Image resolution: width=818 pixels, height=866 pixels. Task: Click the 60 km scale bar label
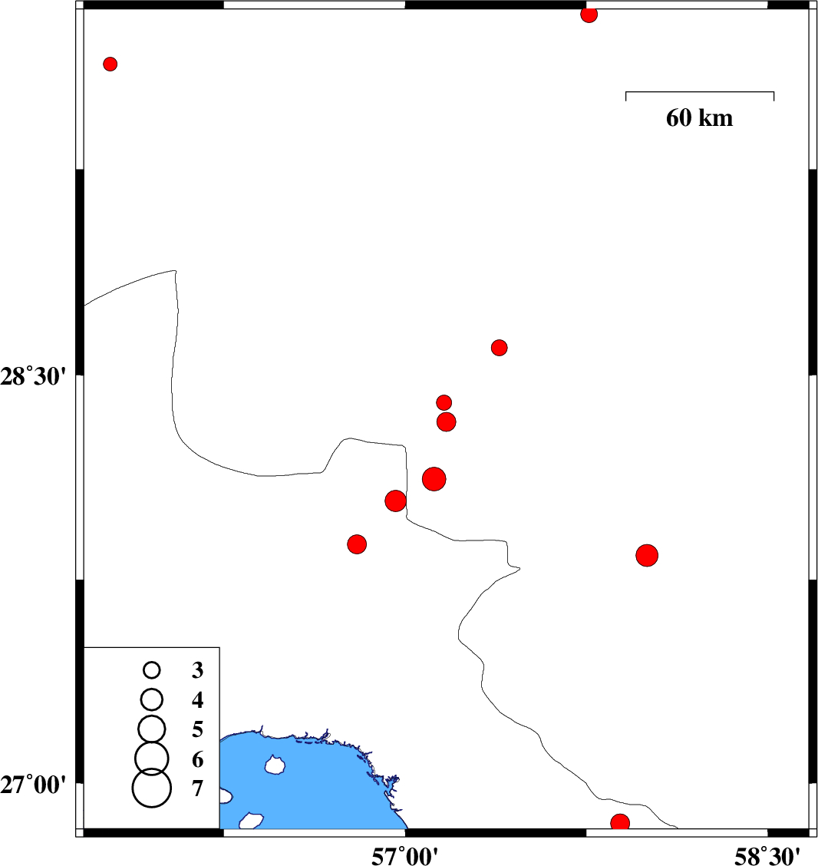click(x=699, y=118)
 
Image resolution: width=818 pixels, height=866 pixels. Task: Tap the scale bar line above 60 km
click(x=700, y=92)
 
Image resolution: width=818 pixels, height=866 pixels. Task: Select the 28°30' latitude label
click(x=33, y=377)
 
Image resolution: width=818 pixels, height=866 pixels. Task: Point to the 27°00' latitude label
click(x=33, y=785)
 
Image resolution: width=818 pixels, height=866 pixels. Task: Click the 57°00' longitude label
click(x=404, y=857)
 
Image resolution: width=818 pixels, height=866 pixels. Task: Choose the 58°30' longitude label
click(x=767, y=857)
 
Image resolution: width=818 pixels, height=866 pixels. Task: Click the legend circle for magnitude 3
click(x=152, y=670)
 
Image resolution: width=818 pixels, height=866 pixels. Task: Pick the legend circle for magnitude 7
click(x=152, y=788)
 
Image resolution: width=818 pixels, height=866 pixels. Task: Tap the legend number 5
click(x=198, y=729)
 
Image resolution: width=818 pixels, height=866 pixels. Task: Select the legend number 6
click(x=198, y=759)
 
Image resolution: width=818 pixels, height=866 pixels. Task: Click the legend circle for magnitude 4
click(x=152, y=699)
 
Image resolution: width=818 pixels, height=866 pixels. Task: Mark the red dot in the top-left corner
click(x=110, y=64)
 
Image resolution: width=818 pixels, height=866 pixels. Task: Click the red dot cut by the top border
click(x=589, y=15)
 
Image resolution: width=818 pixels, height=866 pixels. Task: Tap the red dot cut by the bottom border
click(x=620, y=821)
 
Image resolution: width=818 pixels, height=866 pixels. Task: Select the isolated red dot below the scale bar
click(x=647, y=555)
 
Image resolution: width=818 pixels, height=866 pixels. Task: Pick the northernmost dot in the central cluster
click(x=499, y=347)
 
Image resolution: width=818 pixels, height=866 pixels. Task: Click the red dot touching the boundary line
click(x=395, y=501)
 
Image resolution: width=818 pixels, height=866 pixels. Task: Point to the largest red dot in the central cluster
click(x=434, y=479)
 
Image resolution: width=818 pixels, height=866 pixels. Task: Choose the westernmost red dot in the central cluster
click(x=357, y=544)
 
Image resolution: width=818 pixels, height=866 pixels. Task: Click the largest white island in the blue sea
click(x=275, y=765)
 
